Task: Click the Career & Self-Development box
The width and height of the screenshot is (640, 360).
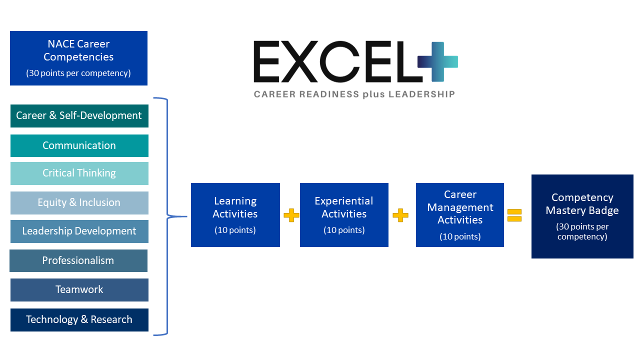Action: (x=79, y=115)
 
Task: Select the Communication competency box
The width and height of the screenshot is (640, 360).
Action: (x=79, y=145)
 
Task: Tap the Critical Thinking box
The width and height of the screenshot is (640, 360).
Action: (x=79, y=173)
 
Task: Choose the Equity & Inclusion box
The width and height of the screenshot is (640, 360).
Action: (x=79, y=202)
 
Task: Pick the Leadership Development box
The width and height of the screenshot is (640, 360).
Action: (x=79, y=231)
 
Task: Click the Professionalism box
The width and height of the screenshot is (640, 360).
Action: (x=78, y=260)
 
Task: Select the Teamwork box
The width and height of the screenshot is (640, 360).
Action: (x=79, y=289)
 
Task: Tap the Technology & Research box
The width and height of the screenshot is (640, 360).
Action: (x=79, y=319)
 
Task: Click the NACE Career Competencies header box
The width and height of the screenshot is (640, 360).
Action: (x=78, y=58)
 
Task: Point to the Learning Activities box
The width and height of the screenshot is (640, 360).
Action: (x=235, y=214)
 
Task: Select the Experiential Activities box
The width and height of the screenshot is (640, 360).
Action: (x=344, y=214)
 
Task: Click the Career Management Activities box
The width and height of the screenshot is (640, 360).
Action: (x=460, y=214)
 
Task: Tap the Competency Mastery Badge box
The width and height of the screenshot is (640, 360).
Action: (x=582, y=216)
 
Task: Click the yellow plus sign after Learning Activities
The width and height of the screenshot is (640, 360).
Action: (x=291, y=215)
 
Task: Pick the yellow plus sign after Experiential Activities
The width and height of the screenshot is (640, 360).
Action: (x=400, y=215)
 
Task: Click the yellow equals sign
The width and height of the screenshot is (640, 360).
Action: (x=514, y=215)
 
